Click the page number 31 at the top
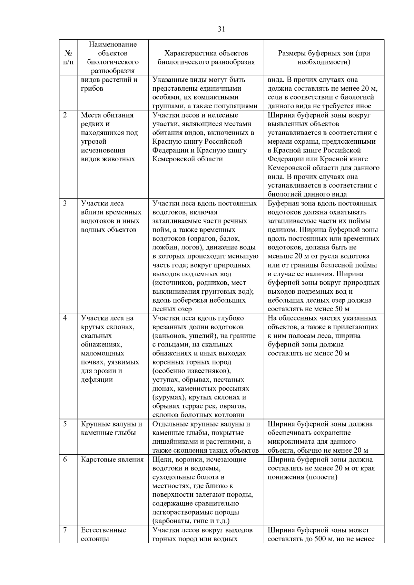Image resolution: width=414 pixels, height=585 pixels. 221,29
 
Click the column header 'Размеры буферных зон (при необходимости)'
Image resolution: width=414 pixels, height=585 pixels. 324,58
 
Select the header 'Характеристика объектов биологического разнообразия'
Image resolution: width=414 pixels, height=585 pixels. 206,58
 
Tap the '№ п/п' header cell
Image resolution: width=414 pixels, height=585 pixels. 68,58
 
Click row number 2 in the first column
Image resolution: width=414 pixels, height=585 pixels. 65,115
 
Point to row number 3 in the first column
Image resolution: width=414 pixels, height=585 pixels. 65,203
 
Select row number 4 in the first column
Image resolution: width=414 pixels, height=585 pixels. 65,318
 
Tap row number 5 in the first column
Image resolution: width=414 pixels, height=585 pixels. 65,424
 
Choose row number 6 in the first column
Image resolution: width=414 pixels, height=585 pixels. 65,460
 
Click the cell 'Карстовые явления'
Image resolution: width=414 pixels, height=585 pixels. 112,460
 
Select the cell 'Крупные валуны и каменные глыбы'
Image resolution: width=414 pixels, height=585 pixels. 111,428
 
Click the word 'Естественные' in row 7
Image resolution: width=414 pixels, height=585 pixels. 103,530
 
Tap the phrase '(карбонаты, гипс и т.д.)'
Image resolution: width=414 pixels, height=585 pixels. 191,521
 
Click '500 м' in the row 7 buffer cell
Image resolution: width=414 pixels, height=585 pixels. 323,539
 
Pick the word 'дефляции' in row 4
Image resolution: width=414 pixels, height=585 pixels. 97,380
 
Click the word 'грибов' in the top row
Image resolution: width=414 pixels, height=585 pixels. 92,89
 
